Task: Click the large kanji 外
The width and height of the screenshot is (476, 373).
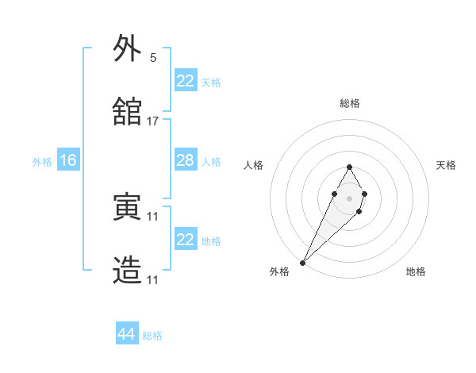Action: (128, 49)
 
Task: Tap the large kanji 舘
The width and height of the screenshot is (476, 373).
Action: (128, 112)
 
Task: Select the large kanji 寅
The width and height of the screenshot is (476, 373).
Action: (128, 207)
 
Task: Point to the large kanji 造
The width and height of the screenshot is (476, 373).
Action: (128, 271)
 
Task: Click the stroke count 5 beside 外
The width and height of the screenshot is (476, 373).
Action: (153, 58)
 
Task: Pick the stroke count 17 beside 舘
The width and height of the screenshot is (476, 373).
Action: (153, 121)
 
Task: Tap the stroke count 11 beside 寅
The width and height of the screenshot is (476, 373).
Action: (153, 216)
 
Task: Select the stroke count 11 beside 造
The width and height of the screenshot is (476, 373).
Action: (153, 279)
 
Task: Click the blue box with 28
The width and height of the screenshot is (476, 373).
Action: (185, 160)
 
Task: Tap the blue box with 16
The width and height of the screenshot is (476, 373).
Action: (67, 161)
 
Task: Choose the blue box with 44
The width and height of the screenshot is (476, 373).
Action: (127, 335)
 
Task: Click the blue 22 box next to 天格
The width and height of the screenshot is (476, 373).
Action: (185, 81)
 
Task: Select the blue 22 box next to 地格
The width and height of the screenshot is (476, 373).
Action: (185, 240)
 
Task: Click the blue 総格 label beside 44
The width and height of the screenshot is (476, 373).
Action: (152, 336)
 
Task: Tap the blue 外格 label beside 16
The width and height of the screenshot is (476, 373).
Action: (42, 162)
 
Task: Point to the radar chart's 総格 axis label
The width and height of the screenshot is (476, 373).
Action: (349, 103)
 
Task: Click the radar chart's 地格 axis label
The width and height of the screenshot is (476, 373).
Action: (416, 272)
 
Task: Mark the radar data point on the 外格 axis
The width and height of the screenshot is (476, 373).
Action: (302, 262)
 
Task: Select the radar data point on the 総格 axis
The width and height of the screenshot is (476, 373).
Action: (349, 167)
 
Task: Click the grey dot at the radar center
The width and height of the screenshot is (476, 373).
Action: (349, 198)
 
